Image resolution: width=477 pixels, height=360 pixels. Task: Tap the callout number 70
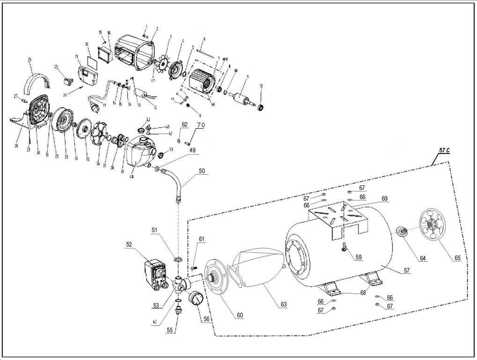[x=200, y=125]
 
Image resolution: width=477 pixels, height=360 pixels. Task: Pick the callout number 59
[x=358, y=257]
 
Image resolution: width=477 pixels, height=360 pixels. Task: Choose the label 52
[x=129, y=244]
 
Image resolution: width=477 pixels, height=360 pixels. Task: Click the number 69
[x=384, y=198]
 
